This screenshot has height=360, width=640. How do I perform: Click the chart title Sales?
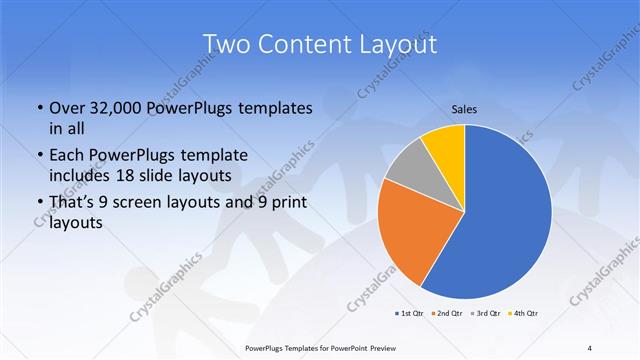(x=464, y=108)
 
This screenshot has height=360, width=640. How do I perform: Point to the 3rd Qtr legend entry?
(x=485, y=313)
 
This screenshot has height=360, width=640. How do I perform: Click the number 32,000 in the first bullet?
(x=113, y=108)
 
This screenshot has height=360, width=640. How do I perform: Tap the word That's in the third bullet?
(x=72, y=203)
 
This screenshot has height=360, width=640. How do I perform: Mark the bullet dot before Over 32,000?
(x=39, y=108)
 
